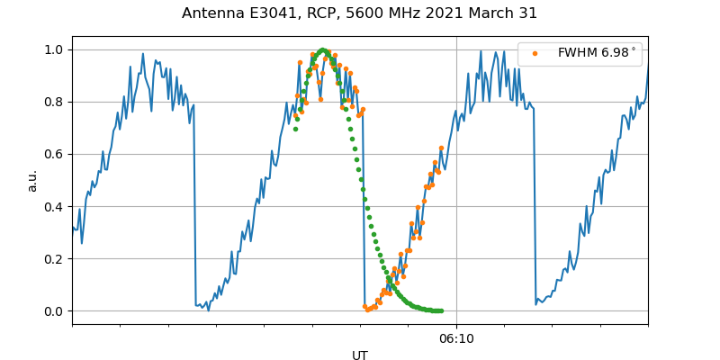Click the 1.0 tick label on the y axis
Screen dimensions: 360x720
click(x=55, y=49)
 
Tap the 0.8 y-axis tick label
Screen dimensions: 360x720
click(x=55, y=102)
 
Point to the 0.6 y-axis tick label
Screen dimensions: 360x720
click(x=55, y=154)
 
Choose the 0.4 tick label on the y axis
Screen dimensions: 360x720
click(x=55, y=206)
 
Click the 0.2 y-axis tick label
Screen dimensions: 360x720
click(x=55, y=259)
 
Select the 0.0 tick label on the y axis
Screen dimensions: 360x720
click(x=55, y=311)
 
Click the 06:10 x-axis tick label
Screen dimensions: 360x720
click(x=456, y=338)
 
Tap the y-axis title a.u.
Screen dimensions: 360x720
click(x=32, y=180)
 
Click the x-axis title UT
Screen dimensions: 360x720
click(x=360, y=355)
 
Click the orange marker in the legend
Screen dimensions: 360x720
click(x=535, y=53)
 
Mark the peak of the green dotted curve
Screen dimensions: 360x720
click(x=322, y=49)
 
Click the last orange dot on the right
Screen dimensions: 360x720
click(x=441, y=148)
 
